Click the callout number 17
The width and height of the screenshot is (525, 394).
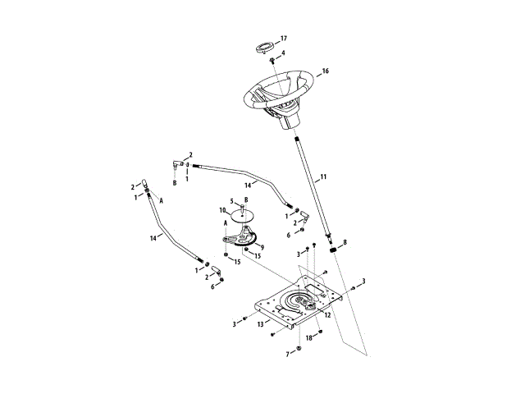284,39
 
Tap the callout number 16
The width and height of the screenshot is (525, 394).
325,71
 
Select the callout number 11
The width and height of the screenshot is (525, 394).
323,176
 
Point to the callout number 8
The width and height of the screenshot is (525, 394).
345,242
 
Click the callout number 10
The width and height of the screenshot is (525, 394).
222,210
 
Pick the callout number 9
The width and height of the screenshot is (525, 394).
261,245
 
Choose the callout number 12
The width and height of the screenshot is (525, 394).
327,314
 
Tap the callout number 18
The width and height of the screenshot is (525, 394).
309,337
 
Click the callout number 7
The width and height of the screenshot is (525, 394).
287,353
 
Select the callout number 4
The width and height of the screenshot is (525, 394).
283,53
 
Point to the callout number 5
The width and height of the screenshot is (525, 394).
232,200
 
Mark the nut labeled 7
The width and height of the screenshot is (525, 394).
299,350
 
